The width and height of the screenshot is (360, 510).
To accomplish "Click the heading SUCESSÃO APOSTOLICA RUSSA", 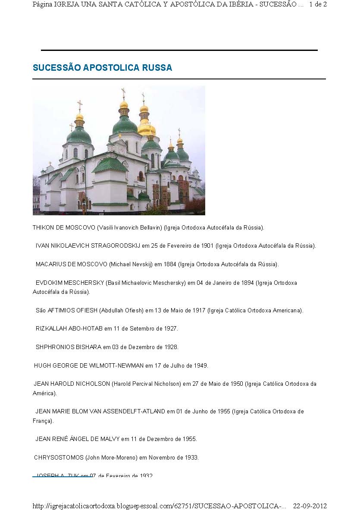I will [x=102, y=68].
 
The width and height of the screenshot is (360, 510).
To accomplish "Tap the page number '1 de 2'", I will [x=318, y=4].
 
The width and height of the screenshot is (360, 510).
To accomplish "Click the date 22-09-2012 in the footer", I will [x=310, y=506].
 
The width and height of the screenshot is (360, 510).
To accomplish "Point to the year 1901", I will [x=207, y=246].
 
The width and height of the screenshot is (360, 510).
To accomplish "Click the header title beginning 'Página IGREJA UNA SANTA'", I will [x=168, y=4].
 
